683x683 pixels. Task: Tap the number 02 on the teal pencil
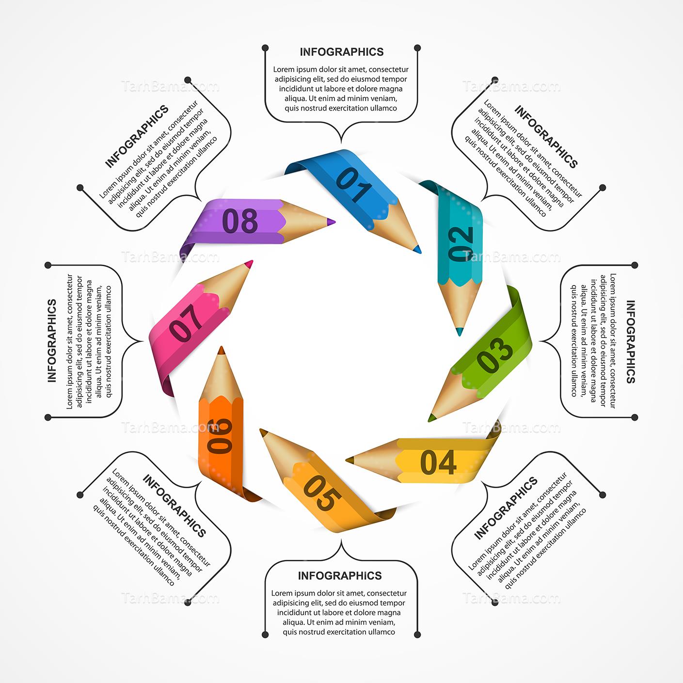461,244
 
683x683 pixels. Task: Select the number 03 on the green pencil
495,356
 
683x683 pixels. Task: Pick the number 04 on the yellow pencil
438,462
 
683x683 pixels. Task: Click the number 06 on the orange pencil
220,436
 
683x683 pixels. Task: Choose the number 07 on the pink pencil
187,322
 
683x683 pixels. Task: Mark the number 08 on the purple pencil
239,221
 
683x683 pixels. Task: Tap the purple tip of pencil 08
331,222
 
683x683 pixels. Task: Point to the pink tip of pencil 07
249,264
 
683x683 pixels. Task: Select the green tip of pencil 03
432,418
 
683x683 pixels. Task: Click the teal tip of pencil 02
460,332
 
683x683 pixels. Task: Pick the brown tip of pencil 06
221,350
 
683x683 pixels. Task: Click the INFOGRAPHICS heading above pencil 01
342,52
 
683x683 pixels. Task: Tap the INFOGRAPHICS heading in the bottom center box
340,575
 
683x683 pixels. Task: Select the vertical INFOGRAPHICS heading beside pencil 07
52,341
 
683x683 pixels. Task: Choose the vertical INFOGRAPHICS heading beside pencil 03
631,342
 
